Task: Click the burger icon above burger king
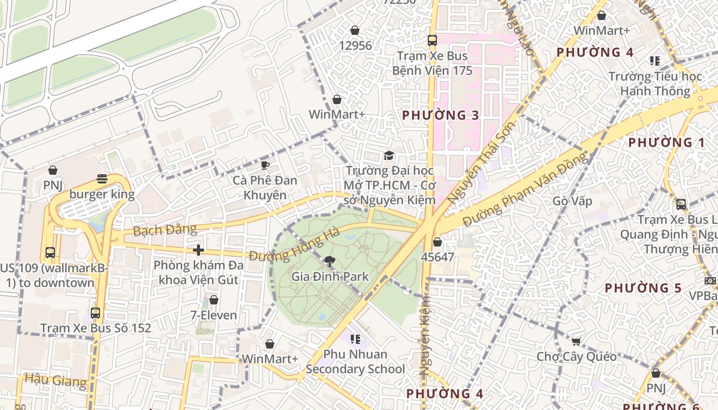(x=102, y=179)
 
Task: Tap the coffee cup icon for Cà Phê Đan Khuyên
(x=265, y=165)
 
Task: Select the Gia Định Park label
(x=330, y=277)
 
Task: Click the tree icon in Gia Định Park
(x=330, y=261)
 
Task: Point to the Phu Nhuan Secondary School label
(x=355, y=361)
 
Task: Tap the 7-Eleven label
(x=214, y=315)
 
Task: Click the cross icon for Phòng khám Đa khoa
(x=198, y=250)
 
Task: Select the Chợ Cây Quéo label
(x=576, y=356)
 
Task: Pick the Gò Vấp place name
(x=572, y=201)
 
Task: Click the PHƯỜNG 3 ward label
(x=441, y=115)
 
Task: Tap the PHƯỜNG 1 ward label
(x=666, y=142)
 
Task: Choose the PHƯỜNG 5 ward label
(x=643, y=288)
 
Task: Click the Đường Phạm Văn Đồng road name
(x=525, y=190)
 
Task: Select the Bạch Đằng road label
(x=157, y=230)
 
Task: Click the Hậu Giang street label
(x=55, y=380)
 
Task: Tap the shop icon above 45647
(x=437, y=242)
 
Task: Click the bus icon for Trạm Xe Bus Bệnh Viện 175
(x=432, y=40)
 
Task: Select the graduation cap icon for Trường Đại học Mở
(x=389, y=155)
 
